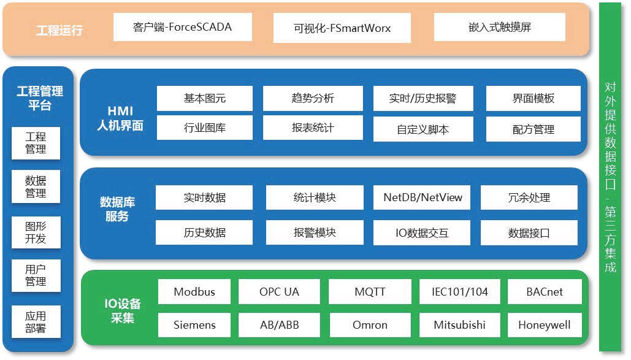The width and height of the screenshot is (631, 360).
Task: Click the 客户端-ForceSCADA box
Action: pyautogui.click(x=183, y=27)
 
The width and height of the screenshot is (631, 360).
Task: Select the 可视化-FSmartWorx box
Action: pyautogui.click(x=342, y=28)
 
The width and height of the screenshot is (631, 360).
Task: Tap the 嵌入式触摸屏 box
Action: pyautogui.click(x=499, y=27)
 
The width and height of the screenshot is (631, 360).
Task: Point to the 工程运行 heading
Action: pyautogui.click(x=59, y=30)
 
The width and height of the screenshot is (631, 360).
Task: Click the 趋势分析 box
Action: pyautogui.click(x=313, y=98)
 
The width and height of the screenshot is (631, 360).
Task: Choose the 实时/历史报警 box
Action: pyautogui.click(x=423, y=98)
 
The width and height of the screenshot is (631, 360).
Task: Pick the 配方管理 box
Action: pyautogui.click(x=533, y=129)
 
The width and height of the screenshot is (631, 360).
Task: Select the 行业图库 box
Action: pyautogui.click(x=204, y=128)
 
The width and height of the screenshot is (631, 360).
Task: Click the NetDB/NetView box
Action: pyautogui.click(x=422, y=197)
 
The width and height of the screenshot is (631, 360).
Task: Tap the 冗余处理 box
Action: pyautogui.click(x=529, y=197)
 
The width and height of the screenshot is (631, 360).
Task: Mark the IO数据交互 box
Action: pyautogui.click(x=422, y=233)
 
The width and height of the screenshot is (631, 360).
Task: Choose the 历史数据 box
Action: pyautogui.click(x=204, y=232)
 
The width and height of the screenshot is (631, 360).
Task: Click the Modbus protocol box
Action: pyautogui.click(x=194, y=291)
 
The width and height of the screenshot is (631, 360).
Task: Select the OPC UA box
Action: pyautogui.click(x=279, y=291)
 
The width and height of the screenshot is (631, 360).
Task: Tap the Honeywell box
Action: pyautogui.click(x=545, y=325)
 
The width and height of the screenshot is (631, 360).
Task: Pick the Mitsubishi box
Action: pyautogui.click(x=459, y=325)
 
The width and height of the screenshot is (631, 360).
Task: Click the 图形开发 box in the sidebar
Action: pyautogui.click(x=36, y=232)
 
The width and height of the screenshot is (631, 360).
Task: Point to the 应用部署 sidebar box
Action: pyautogui.click(x=36, y=322)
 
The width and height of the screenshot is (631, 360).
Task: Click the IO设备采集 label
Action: pyautogui.click(x=123, y=310)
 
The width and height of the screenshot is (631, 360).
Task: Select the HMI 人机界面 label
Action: pyautogui.click(x=120, y=118)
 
